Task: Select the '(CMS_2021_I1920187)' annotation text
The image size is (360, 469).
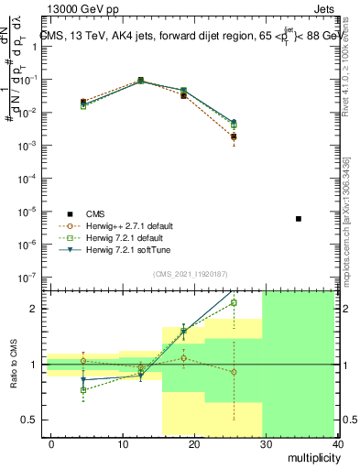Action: point(190,275)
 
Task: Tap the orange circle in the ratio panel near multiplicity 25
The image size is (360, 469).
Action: point(235,372)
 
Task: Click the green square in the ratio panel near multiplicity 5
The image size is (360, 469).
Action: point(83,390)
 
